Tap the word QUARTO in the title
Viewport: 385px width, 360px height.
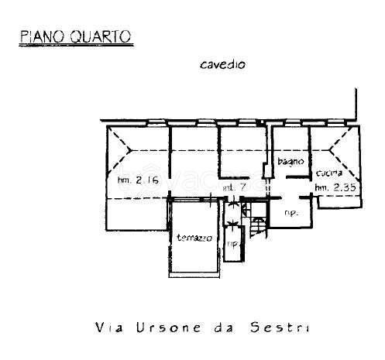tap(98, 35)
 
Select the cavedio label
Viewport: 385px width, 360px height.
tap(222, 65)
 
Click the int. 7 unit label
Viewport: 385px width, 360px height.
tap(235, 187)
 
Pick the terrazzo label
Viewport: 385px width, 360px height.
tap(194, 237)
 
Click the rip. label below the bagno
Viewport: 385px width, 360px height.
tap(291, 212)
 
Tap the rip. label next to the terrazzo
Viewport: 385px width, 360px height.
tap(231, 246)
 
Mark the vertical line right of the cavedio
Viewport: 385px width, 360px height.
tap(355, 105)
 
